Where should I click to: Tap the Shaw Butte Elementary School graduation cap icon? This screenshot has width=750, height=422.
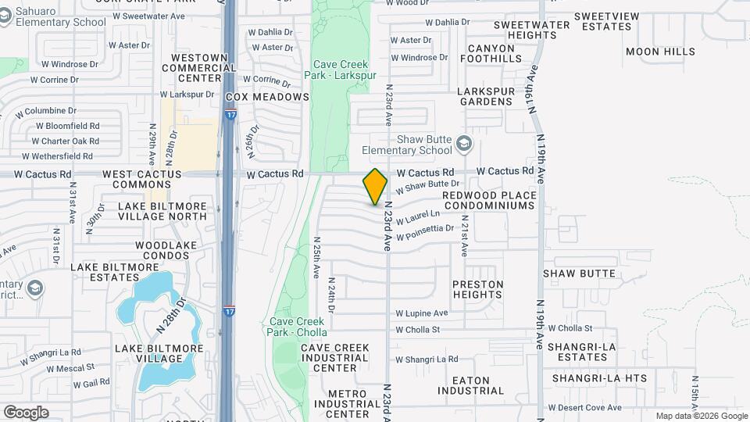click(465, 143)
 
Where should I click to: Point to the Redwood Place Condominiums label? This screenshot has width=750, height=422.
click(489, 200)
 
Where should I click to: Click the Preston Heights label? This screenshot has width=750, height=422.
click(477, 289)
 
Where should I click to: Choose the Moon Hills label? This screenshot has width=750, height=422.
click(660, 52)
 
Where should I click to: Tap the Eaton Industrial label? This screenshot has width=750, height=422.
click(471, 384)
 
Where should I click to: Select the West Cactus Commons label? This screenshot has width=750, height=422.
click(142, 179)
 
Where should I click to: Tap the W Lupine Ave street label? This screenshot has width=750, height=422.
click(422, 313)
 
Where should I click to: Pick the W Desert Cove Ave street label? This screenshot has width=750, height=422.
click(586, 407)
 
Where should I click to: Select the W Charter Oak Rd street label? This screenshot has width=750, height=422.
click(66, 141)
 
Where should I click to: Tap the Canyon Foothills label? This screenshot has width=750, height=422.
click(491, 53)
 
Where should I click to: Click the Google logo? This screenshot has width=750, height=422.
click(26, 413)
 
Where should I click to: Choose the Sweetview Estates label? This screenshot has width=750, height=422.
click(602, 21)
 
